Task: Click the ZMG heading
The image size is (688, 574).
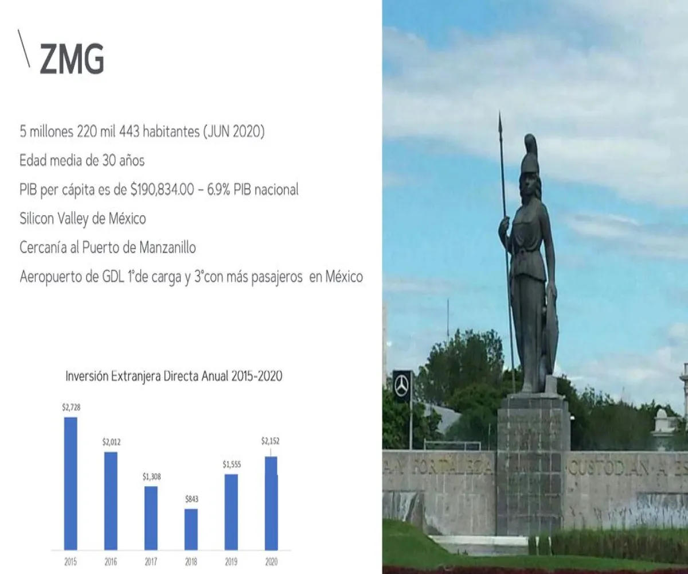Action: click(72, 59)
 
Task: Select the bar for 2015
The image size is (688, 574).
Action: click(71, 484)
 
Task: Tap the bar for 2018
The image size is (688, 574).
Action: click(191, 529)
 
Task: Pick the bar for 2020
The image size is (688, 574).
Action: click(271, 503)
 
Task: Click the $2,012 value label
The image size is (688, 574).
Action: click(111, 442)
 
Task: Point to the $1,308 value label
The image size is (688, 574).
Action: click(151, 476)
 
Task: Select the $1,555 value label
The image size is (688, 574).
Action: click(232, 464)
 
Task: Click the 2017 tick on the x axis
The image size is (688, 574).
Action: click(151, 562)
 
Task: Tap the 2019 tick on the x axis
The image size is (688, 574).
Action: click(231, 562)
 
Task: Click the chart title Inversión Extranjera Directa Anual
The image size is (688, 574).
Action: click(147, 376)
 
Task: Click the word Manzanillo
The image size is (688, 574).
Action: click(167, 247)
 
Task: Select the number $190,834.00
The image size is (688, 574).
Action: click(162, 189)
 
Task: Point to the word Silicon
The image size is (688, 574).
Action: click(37, 218)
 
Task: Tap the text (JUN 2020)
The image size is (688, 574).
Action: click(233, 131)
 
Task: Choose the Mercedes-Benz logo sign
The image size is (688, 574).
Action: click(402, 386)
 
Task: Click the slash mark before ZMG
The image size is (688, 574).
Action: click(24, 48)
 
